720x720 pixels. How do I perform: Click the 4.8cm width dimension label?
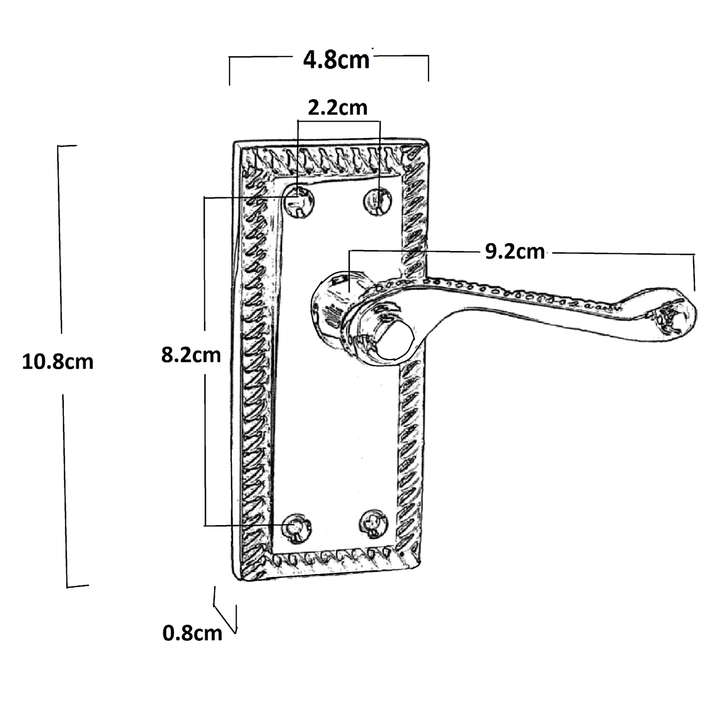pyautogui.click(x=337, y=60)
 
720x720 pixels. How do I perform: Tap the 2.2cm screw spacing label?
pyautogui.click(x=337, y=108)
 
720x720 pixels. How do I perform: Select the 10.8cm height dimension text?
pyautogui.click(x=58, y=362)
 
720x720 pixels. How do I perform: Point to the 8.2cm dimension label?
pyautogui.click(x=191, y=355)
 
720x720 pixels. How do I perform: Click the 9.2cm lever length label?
pyautogui.click(x=515, y=252)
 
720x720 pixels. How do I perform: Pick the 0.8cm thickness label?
pyautogui.click(x=192, y=633)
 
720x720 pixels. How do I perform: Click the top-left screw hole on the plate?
pyautogui.click(x=298, y=200)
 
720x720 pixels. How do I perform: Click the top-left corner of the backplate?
pyautogui.click(x=235, y=143)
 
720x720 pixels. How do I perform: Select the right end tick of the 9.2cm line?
pyautogui.click(x=694, y=272)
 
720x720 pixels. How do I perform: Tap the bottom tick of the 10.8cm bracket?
pyautogui.click(x=77, y=586)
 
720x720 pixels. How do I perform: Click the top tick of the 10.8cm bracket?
pyautogui.click(x=67, y=146)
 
